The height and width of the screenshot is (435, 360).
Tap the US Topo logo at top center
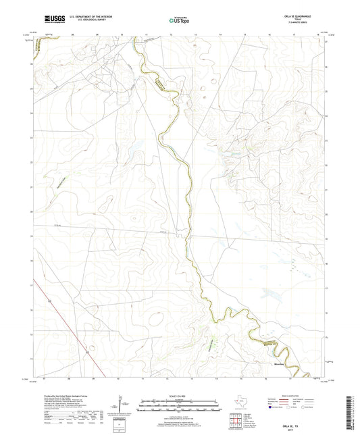click(179, 21)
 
